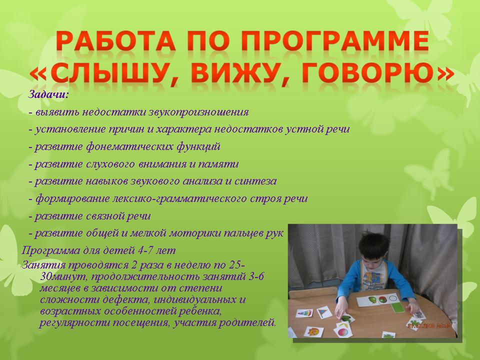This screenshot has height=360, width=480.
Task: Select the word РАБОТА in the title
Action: point(116,40)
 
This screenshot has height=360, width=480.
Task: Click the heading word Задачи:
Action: point(48,94)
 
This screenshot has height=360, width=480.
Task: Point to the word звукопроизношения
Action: point(198,112)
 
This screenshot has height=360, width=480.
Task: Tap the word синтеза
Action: point(255,181)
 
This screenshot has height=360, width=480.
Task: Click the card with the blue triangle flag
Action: point(325,312)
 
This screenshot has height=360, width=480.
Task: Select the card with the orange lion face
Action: point(314,331)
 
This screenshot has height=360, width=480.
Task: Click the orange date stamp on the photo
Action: point(429,325)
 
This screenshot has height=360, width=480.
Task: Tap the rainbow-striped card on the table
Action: point(305,313)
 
